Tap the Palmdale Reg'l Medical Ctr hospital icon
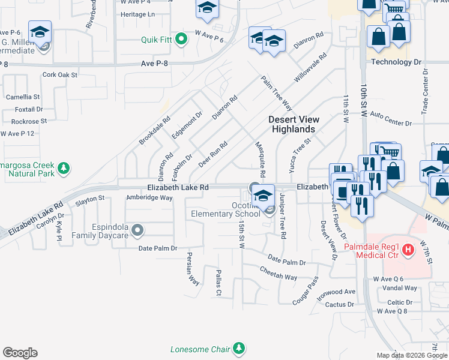(x=408, y=249)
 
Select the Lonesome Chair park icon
(x=240, y=348)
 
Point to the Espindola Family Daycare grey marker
(x=138, y=230)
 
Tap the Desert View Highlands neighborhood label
(x=293, y=124)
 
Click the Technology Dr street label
(x=397, y=62)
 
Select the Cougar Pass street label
(x=304, y=290)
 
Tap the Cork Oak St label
(x=60, y=75)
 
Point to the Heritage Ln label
(x=137, y=14)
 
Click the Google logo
(x=20, y=353)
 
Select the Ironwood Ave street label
(x=337, y=292)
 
